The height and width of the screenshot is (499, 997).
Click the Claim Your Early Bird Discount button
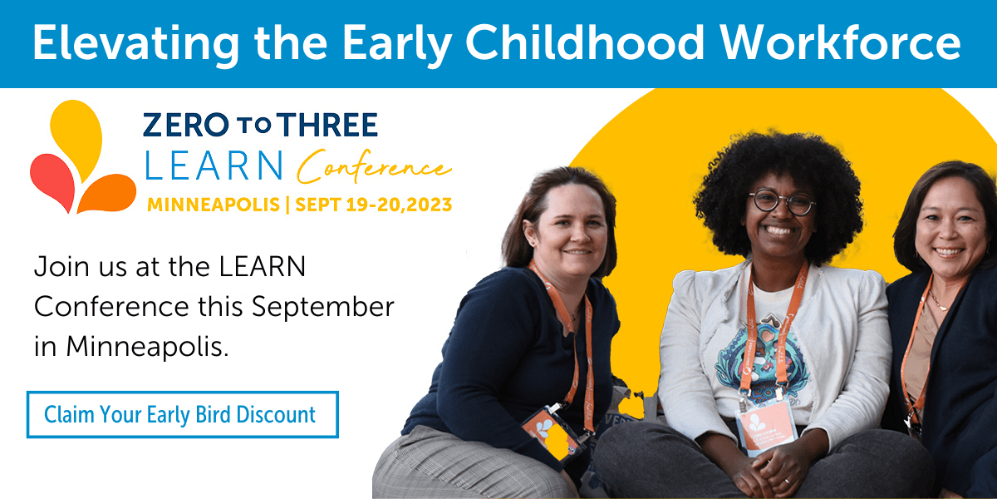pos(182,414)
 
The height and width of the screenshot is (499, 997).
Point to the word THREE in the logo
pos(327,125)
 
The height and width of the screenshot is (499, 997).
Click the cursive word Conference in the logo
pos(374,168)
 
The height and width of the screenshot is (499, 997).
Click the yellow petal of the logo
pos(78,133)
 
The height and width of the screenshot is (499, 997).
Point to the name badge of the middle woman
pos(765,425)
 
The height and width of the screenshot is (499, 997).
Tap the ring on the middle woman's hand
pos(787,480)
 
